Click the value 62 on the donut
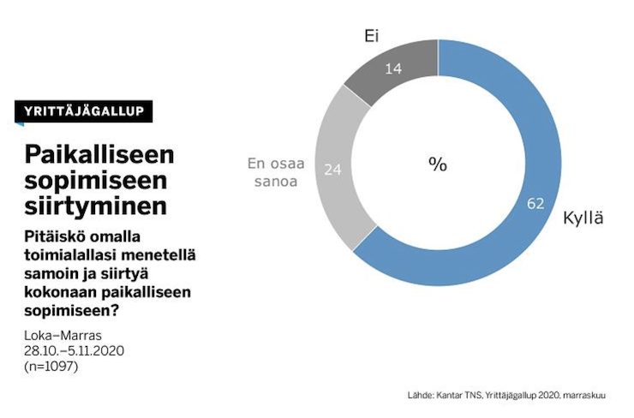(x=536, y=203)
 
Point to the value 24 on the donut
(x=333, y=170)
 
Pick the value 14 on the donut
(x=394, y=68)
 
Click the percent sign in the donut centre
(x=438, y=164)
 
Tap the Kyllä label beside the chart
(x=583, y=218)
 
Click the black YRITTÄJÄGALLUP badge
(x=83, y=111)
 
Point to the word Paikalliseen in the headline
(x=99, y=154)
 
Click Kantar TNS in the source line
(x=457, y=395)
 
